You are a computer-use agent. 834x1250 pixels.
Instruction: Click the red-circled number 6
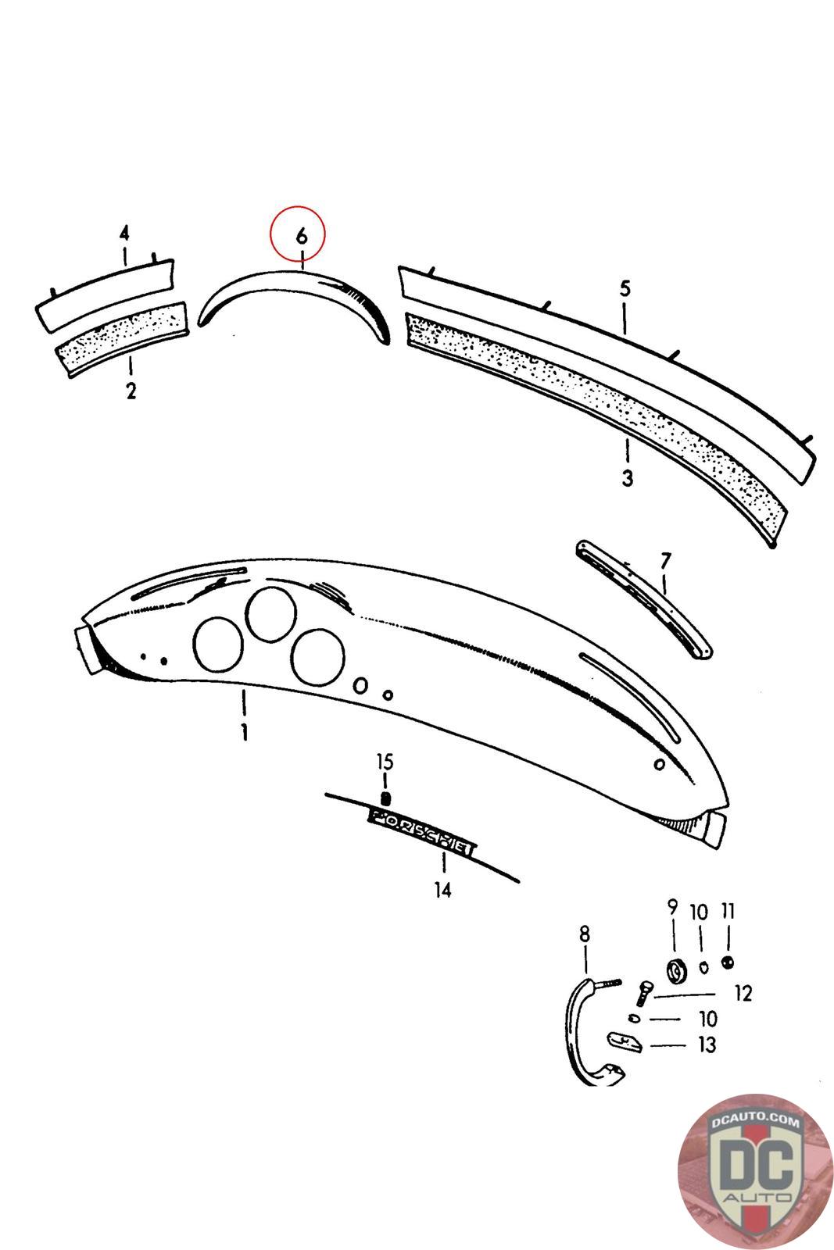point(301,235)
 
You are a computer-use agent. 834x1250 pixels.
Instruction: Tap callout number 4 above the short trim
point(124,233)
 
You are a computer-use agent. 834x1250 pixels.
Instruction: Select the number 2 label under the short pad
point(131,391)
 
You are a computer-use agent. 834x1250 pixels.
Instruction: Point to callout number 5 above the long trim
point(625,289)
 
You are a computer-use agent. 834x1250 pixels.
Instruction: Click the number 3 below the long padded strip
point(627,477)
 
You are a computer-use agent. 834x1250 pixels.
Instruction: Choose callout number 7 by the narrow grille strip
point(664,560)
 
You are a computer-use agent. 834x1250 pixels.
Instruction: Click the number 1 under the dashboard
point(244,732)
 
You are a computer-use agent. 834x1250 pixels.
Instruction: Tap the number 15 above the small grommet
point(385,762)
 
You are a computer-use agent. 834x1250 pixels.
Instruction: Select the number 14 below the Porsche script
point(443,889)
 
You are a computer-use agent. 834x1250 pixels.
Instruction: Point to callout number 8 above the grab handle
point(585,934)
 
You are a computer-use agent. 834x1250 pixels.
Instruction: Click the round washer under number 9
point(675,970)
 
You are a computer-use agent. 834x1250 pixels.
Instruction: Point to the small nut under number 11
point(728,962)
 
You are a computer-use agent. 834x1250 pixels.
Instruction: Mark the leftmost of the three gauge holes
point(217,645)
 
